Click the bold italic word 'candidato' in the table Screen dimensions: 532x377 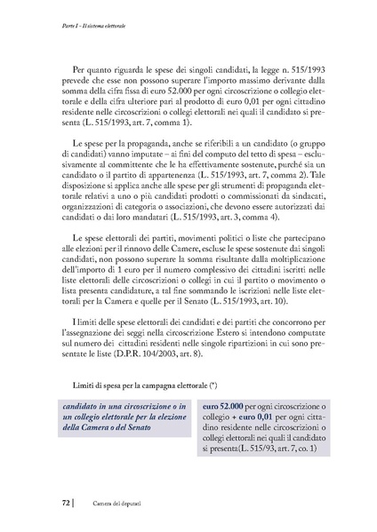pos(83,406)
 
